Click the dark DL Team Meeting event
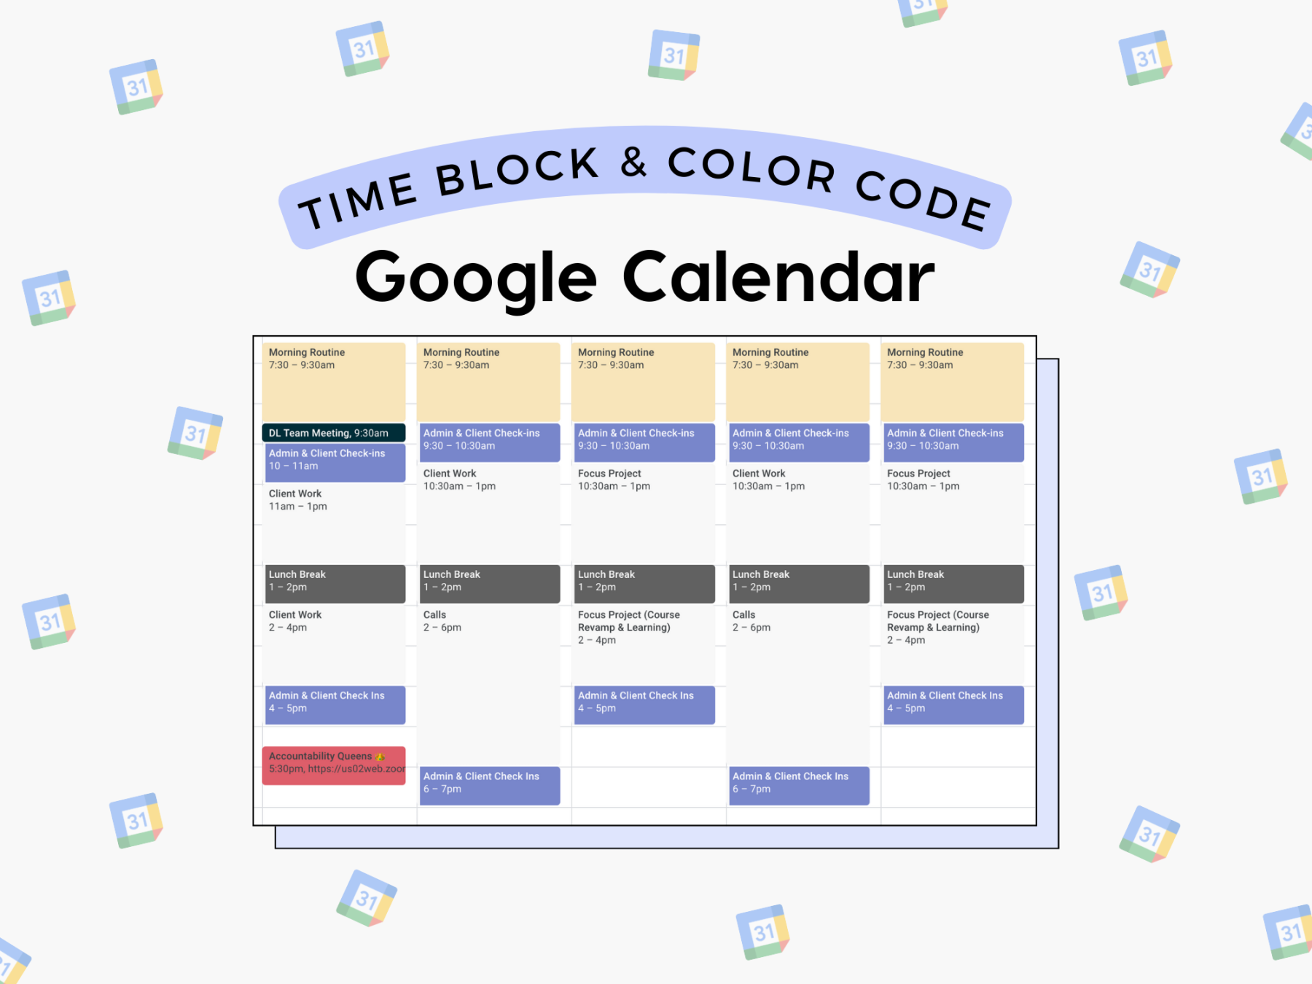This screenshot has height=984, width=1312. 333,433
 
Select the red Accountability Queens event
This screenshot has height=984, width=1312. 333,765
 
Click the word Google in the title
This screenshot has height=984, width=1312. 475,278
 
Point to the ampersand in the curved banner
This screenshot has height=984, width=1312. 633,162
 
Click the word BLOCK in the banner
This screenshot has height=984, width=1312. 518,172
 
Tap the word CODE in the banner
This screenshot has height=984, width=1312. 923,199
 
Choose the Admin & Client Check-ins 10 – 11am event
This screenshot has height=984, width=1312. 335,461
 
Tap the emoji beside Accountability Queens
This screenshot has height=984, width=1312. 380,757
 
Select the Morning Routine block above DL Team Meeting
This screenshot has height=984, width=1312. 333,382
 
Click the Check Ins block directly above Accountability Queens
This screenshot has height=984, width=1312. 335,704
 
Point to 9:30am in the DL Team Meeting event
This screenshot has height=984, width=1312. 372,433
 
